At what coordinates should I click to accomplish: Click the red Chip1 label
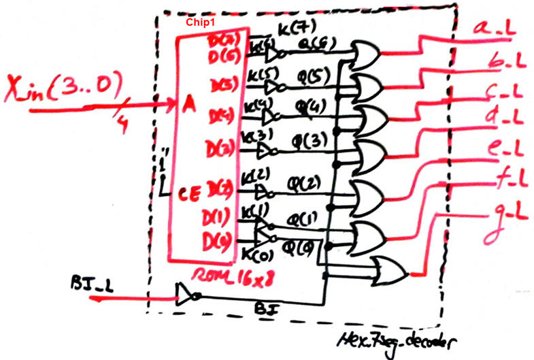(201, 22)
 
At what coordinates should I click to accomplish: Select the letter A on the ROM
(188, 104)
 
